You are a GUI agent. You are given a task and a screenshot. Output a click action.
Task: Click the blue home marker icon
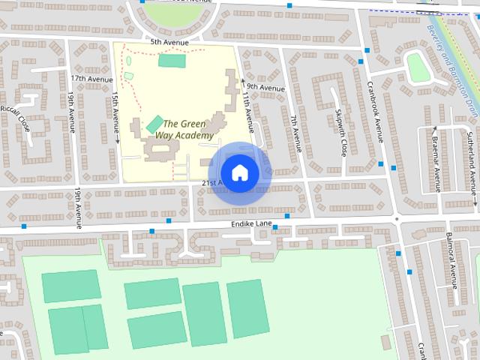[239, 172]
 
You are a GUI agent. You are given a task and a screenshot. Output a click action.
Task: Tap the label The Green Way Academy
[184, 130]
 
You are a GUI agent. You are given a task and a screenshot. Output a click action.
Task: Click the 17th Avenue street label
[86, 78]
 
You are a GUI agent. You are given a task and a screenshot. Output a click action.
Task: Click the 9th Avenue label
[265, 88]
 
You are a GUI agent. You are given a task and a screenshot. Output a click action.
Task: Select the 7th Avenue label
[295, 132]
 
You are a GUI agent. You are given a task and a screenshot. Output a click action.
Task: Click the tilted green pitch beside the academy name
[155, 123]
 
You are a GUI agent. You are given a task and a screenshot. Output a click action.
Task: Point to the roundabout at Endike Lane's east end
[396, 219]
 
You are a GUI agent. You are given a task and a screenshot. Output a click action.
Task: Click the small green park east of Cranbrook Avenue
[418, 67]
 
